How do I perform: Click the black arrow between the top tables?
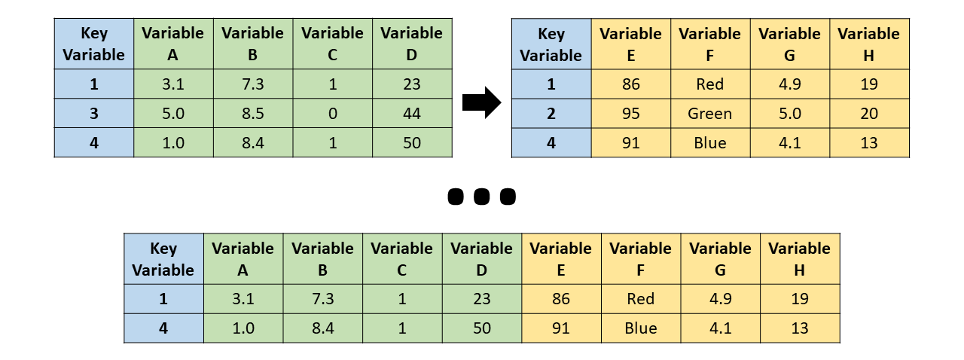point(481,102)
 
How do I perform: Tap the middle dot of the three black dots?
point(482,197)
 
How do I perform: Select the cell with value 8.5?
point(253,114)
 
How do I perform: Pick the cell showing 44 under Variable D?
point(412,114)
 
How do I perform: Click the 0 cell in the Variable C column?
point(332,114)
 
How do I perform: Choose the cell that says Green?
point(710,114)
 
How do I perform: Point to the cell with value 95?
point(631,114)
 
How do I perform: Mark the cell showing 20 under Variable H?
point(869,114)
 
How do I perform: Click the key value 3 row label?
point(94,114)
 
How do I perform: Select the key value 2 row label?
point(551,114)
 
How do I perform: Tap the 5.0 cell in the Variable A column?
point(173,114)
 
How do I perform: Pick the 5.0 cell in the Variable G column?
point(790,114)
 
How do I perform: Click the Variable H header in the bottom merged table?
point(800,258)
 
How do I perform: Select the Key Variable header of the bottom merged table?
point(163,258)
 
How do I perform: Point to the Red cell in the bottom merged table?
point(641,299)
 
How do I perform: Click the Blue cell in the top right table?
point(710,143)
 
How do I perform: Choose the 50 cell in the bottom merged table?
point(482,328)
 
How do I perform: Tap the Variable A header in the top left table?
point(173,44)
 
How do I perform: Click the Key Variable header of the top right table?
point(551,44)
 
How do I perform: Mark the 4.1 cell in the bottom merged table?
point(721,328)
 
